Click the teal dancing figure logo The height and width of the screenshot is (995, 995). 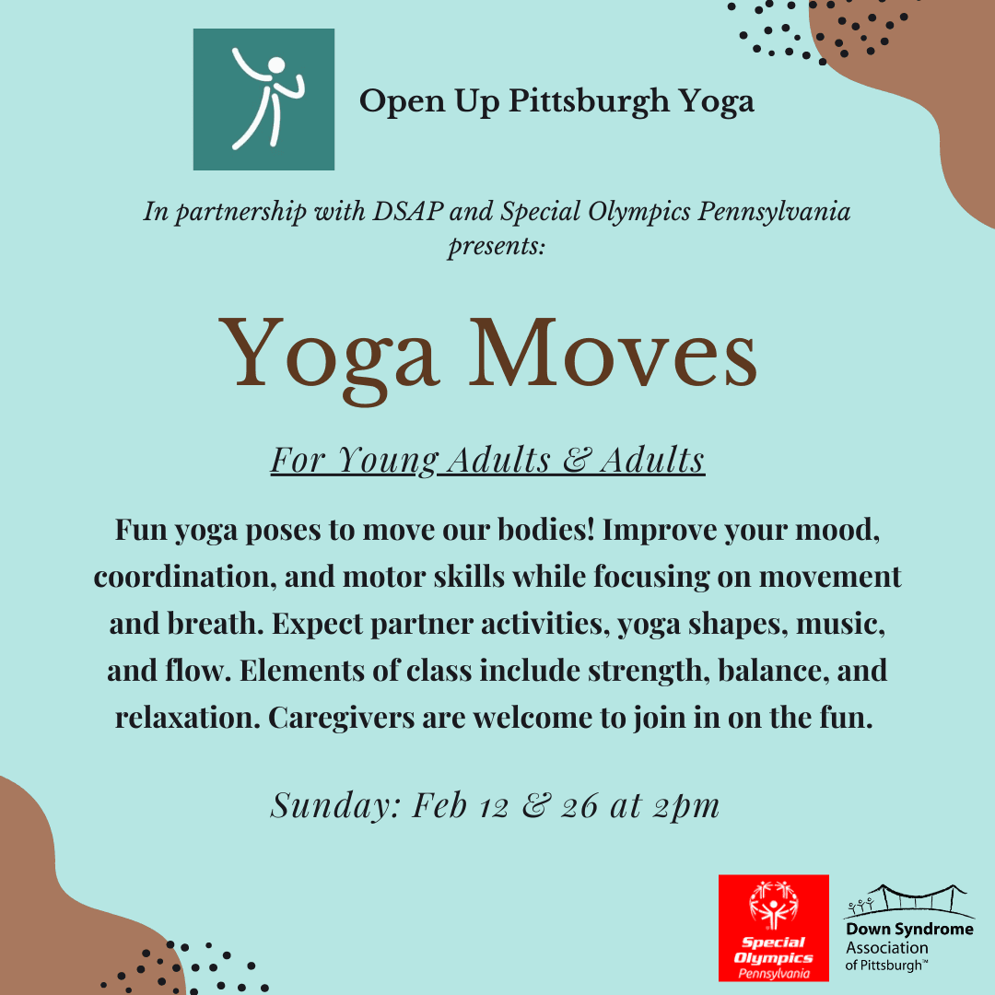click(263, 99)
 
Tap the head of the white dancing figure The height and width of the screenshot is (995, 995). click(276, 65)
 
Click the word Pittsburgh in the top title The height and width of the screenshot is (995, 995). click(588, 102)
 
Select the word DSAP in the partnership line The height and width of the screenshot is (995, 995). click(407, 211)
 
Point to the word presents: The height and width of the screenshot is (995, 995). click(497, 246)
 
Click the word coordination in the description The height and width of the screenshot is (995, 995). click(184, 577)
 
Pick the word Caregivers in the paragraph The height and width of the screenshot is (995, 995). click(342, 719)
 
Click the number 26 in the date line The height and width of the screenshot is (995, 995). click(579, 806)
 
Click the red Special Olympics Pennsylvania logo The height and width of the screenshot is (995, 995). click(774, 928)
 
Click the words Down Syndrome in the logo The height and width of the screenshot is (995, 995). click(909, 929)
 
